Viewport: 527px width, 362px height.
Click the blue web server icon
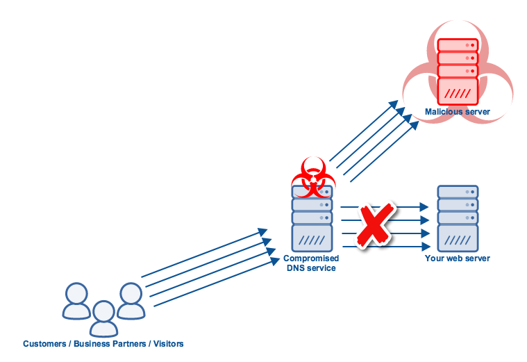(x=458, y=218)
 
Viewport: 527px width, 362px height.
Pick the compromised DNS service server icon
(x=312, y=218)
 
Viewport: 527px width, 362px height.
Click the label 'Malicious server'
(x=458, y=111)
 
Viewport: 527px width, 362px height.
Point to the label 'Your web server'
(x=458, y=258)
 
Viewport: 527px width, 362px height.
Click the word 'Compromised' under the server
(x=312, y=258)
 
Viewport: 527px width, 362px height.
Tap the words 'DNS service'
(x=312, y=268)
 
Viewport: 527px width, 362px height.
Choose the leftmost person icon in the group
(x=75, y=300)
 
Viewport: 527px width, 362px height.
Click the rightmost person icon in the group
(x=130, y=300)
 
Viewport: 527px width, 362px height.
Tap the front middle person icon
(x=103, y=318)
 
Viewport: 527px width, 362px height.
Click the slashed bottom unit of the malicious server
(x=458, y=91)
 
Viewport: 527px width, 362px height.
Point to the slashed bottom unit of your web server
(x=458, y=238)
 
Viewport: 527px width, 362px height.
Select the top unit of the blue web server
(x=458, y=192)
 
